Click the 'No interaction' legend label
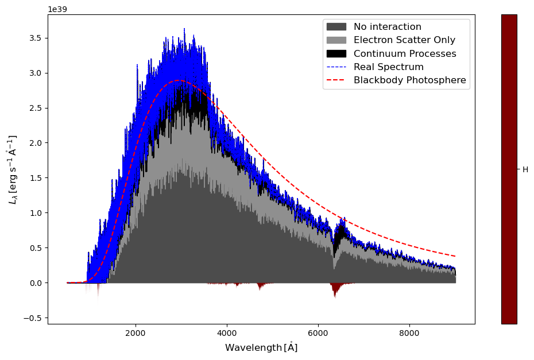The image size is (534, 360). click(x=387, y=27)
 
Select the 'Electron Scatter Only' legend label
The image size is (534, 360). click(x=404, y=40)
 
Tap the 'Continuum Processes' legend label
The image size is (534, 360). click(x=405, y=53)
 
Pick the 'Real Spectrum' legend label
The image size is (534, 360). click(x=388, y=67)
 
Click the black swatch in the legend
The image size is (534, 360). click(x=336, y=53)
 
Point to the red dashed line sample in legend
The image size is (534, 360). click(x=336, y=80)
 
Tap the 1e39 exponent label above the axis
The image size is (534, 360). click(x=56, y=10)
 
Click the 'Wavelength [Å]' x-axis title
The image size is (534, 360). click(x=261, y=347)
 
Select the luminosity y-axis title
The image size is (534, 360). click(x=12, y=169)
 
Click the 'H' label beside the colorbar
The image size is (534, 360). click(x=525, y=170)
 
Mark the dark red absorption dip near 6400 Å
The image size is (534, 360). click(x=335, y=289)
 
